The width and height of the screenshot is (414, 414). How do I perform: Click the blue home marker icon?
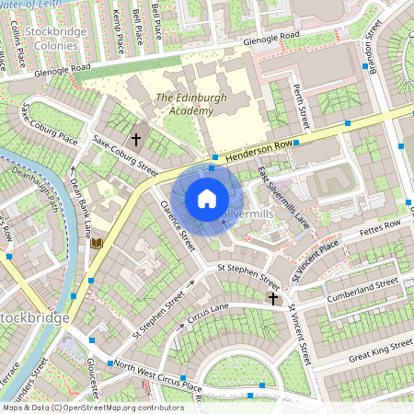tap(207, 199)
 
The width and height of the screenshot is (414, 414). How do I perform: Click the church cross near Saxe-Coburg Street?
tap(137, 140)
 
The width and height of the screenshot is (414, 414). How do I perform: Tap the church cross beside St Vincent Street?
tap(272, 298)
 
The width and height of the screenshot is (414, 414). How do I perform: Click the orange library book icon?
tap(96, 244)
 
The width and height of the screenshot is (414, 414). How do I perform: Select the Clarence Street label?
tap(178, 225)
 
